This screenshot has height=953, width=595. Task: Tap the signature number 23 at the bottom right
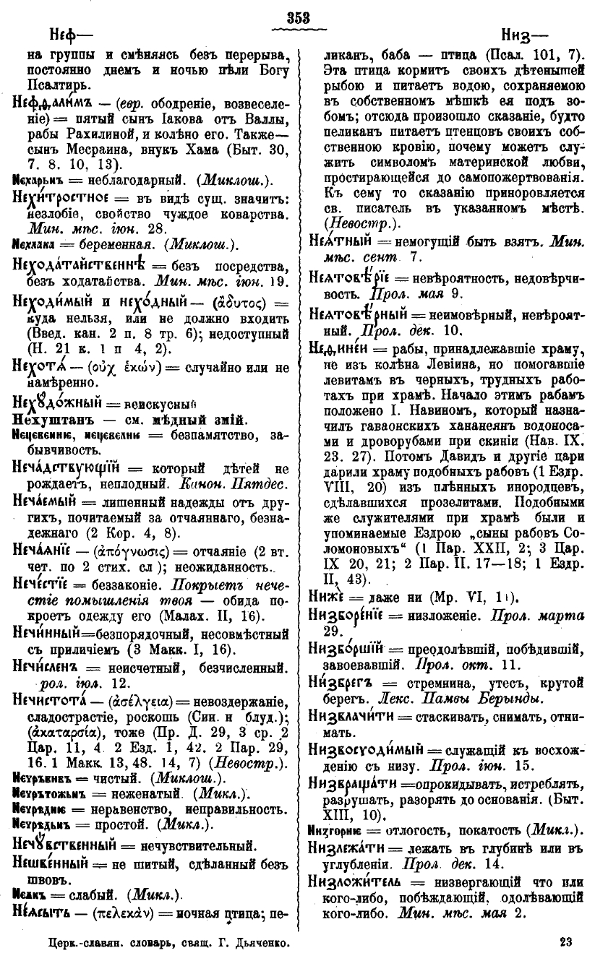566,941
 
